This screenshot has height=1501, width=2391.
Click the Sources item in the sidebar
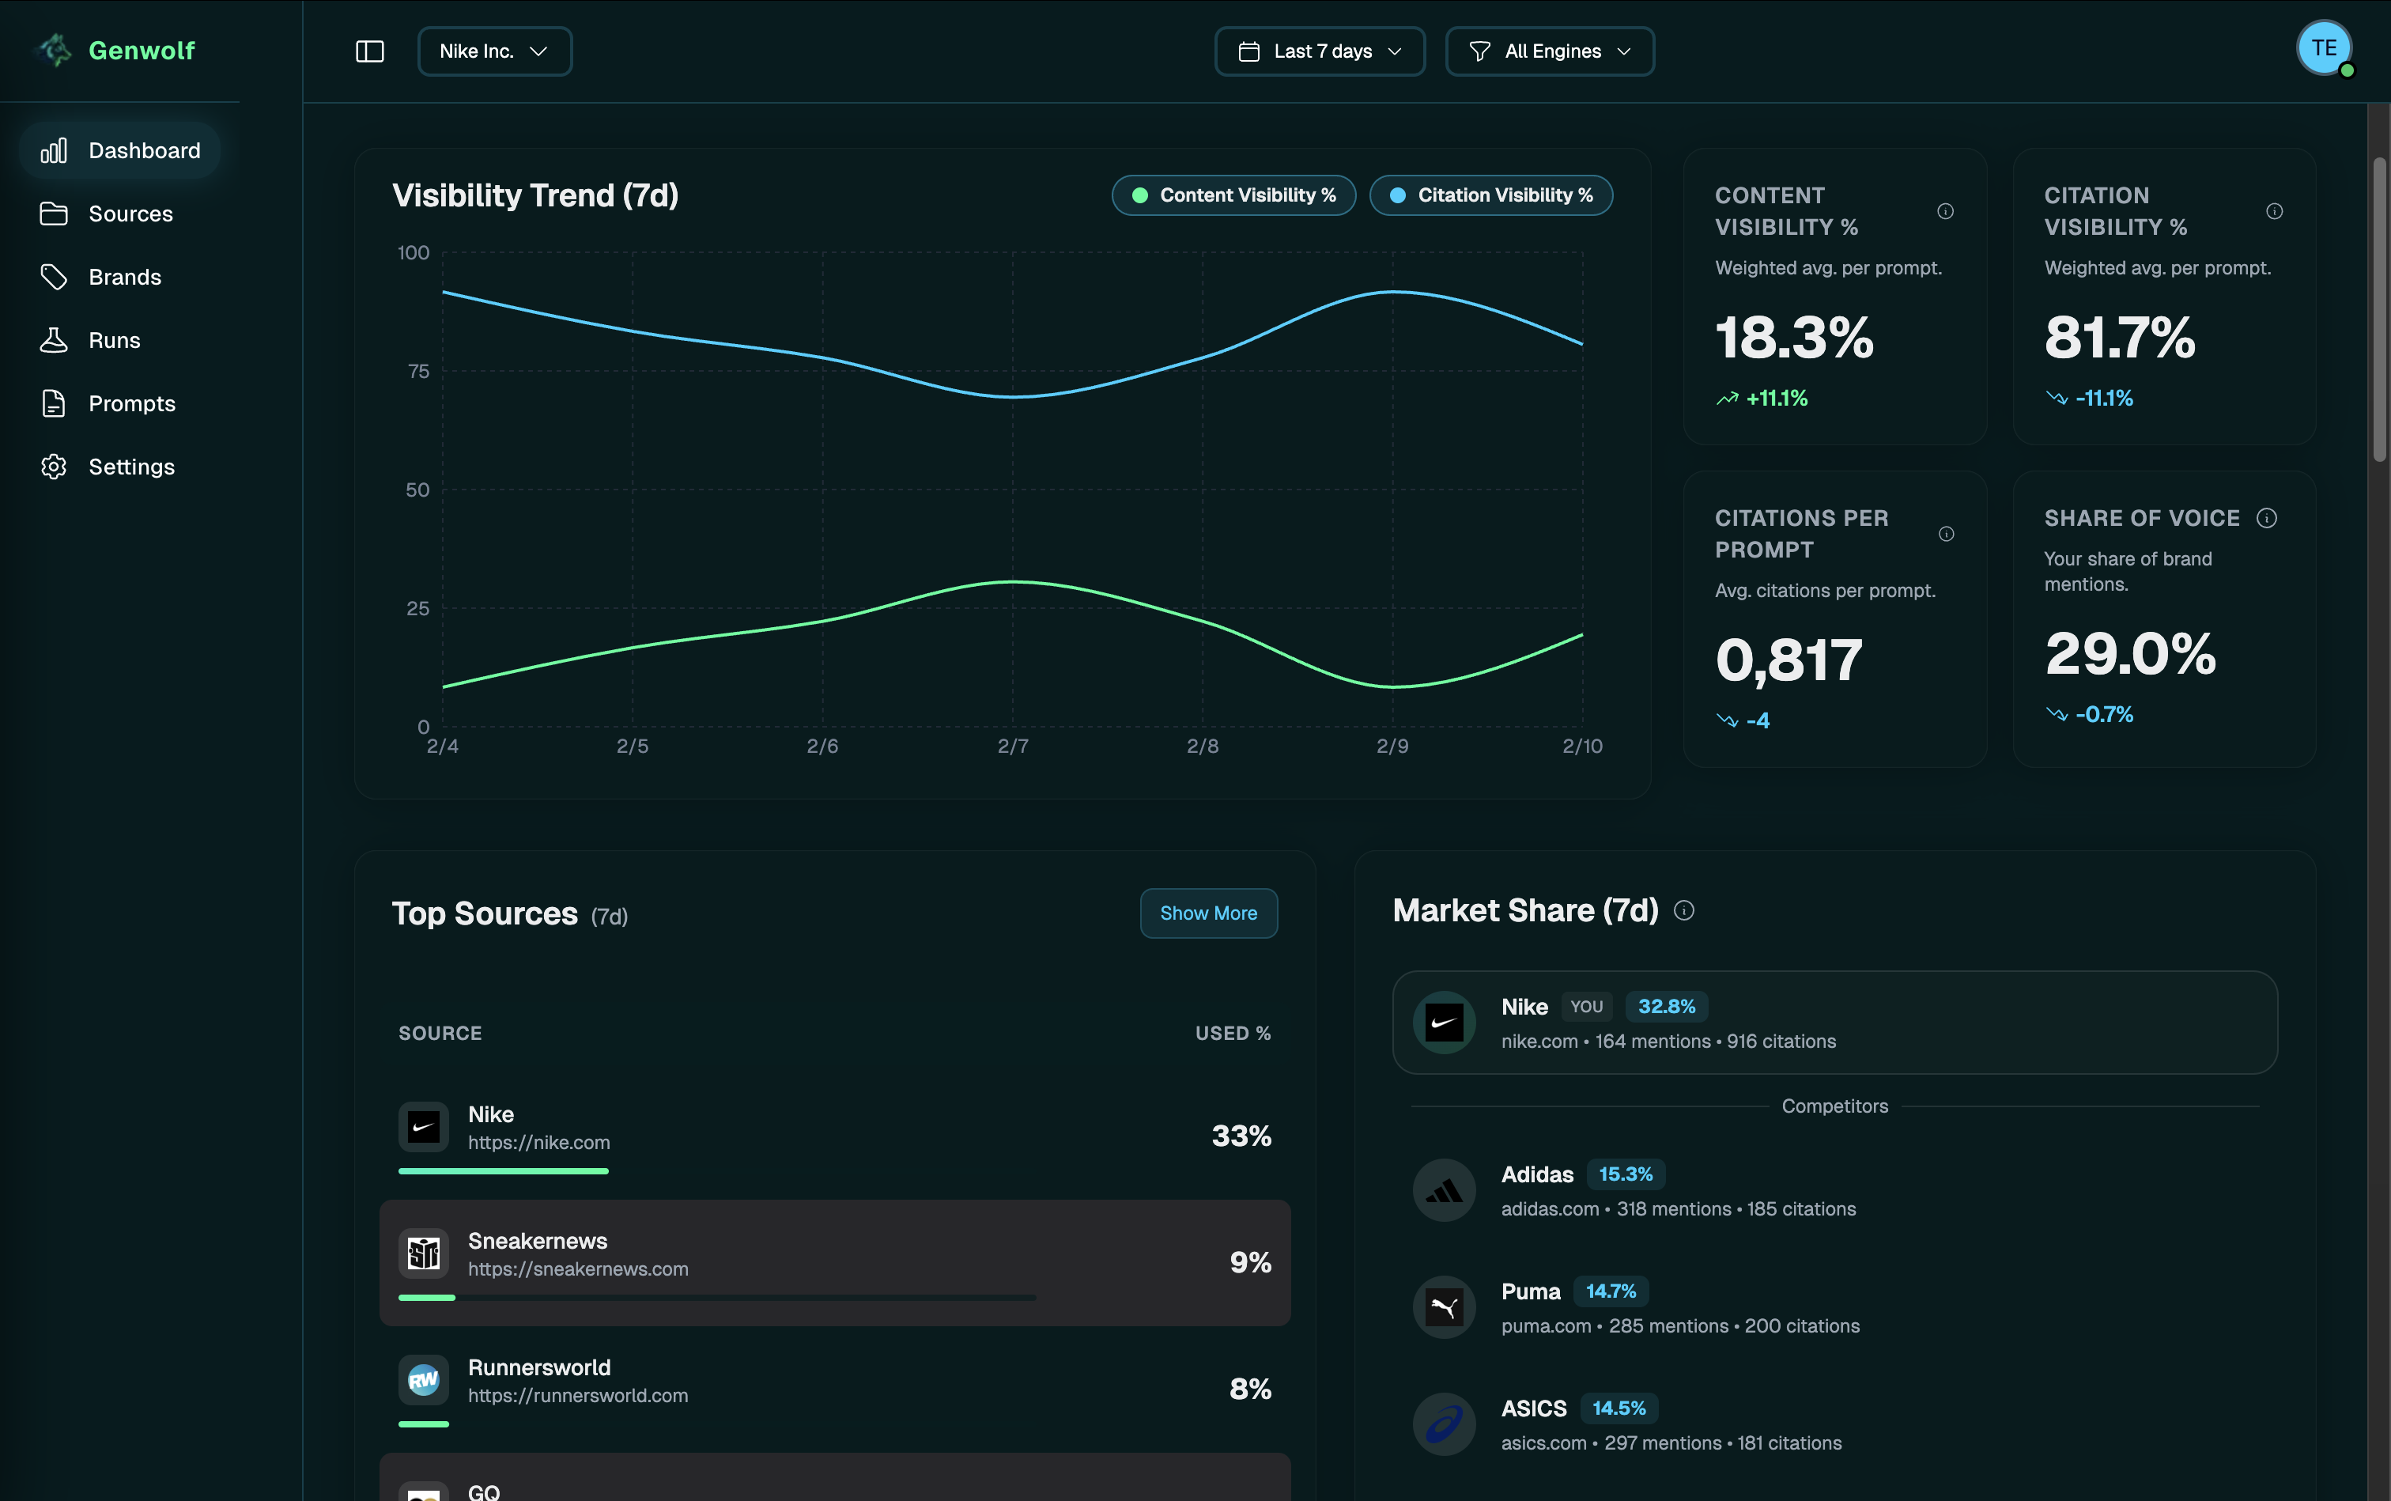coord(129,214)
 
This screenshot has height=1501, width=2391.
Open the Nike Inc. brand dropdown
coord(494,51)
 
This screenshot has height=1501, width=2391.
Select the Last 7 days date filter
coord(1319,51)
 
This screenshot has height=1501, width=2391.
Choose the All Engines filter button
coord(1550,51)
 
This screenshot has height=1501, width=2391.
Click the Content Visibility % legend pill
coord(1233,195)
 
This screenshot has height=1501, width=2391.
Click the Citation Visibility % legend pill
coord(1490,195)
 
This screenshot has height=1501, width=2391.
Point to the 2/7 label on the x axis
coord(1012,747)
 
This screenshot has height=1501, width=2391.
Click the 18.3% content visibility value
coord(1793,338)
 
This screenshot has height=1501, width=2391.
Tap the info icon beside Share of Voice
coord(2266,518)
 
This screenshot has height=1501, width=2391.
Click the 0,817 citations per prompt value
coord(1789,660)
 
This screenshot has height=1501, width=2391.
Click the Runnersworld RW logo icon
coord(424,1380)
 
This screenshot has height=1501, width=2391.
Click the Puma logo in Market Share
coord(1444,1306)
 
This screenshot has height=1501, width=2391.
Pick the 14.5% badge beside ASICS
coord(1618,1408)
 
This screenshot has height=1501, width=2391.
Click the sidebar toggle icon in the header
coord(369,51)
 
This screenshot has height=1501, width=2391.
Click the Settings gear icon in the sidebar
coord(54,467)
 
